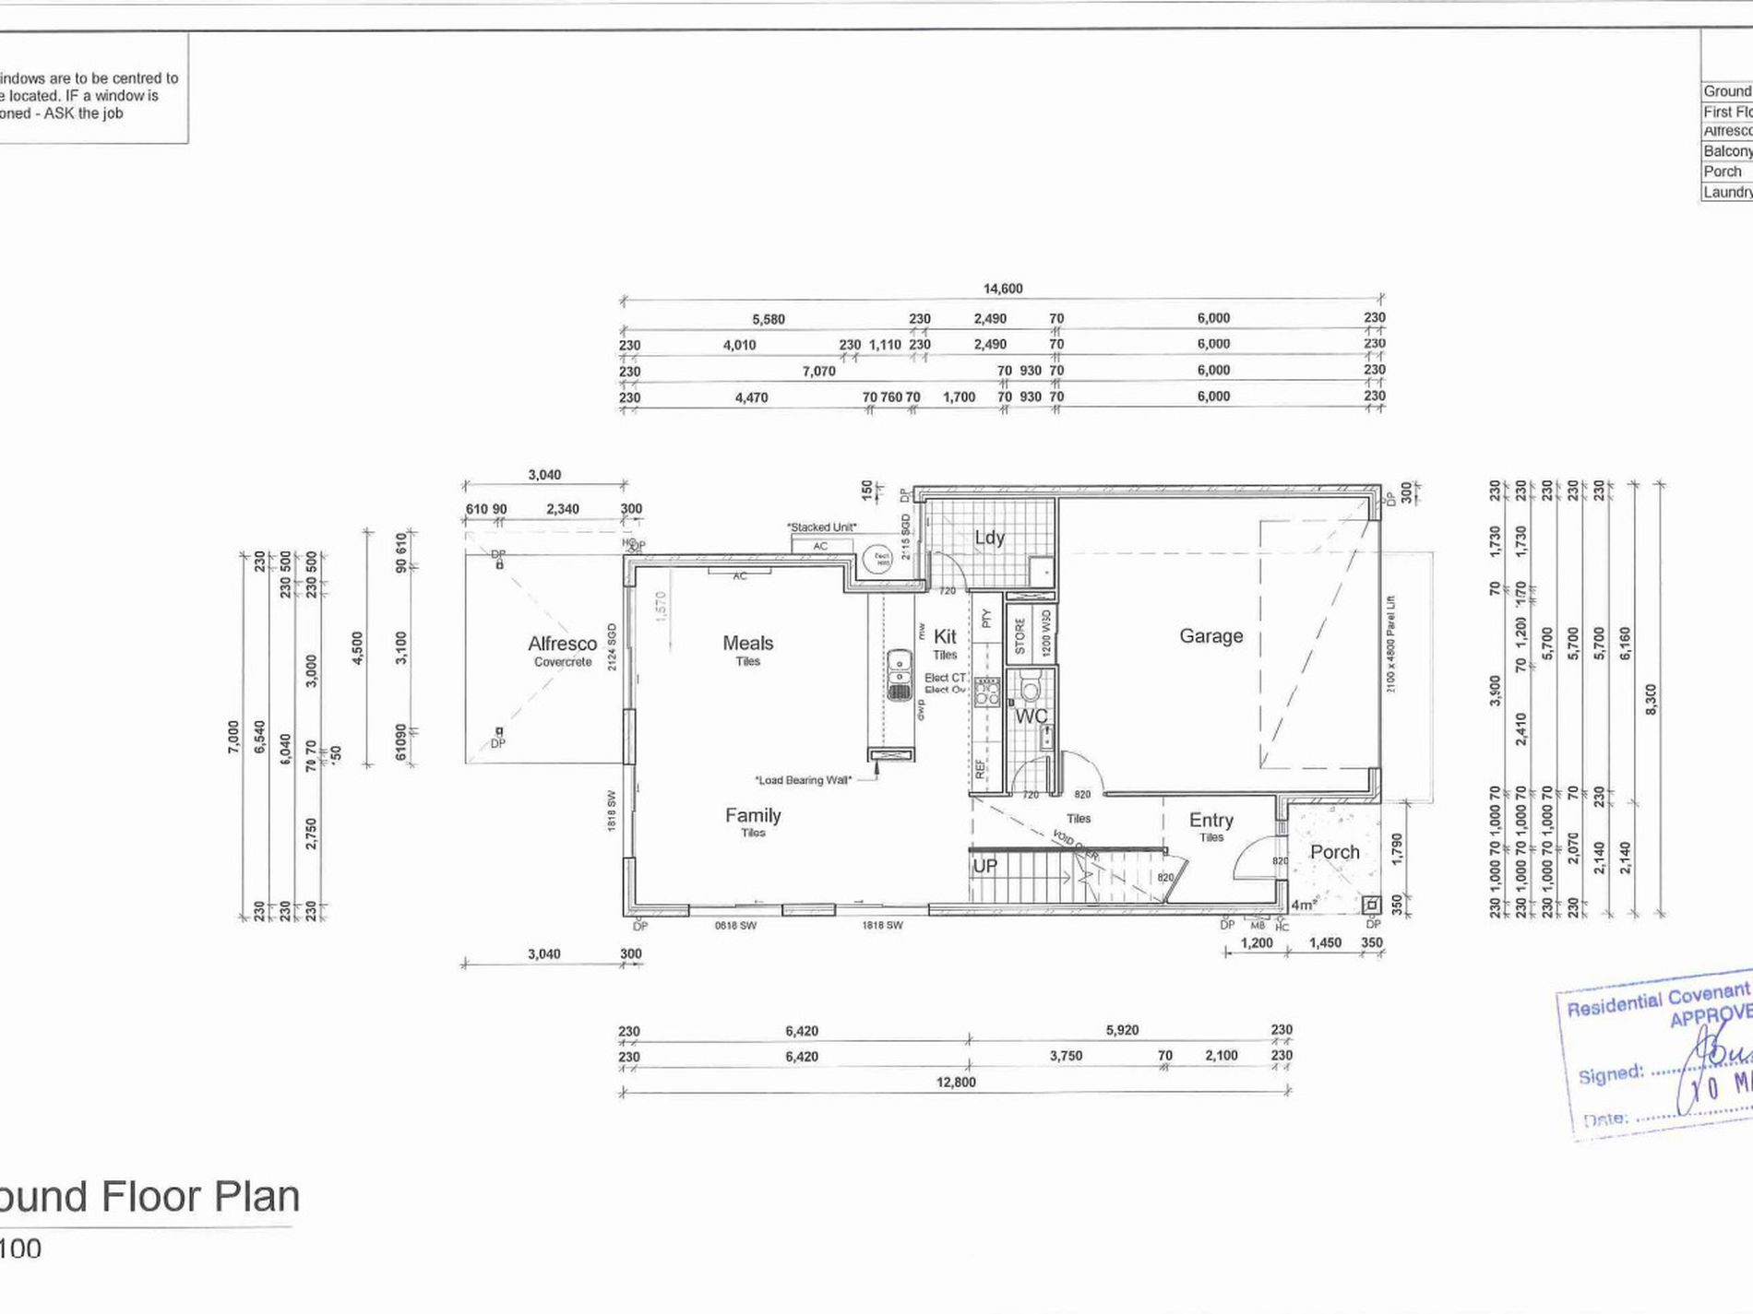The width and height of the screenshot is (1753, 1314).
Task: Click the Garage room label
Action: [x=1210, y=635]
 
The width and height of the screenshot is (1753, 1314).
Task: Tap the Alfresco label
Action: [x=562, y=644]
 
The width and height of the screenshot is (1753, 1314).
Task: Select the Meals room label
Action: [x=747, y=643]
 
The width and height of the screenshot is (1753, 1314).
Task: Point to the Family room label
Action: [x=753, y=815]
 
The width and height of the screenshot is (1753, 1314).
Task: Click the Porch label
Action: [x=1334, y=852]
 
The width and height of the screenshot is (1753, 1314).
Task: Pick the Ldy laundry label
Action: [x=989, y=538]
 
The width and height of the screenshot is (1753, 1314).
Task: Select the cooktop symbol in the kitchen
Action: [x=986, y=692]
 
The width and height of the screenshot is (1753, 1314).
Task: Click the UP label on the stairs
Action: [x=984, y=867]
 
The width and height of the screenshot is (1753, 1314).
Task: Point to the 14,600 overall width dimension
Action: [x=1002, y=289]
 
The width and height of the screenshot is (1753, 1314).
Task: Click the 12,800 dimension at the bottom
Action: [x=955, y=1082]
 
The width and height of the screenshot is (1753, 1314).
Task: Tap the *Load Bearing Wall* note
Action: [x=803, y=780]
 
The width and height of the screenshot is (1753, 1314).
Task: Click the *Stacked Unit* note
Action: [x=821, y=527]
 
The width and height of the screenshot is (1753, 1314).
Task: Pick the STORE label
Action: [x=1020, y=635]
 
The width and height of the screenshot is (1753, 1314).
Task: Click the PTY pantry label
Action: [x=985, y=618]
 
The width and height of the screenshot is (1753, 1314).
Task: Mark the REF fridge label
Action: [x=979, y=767]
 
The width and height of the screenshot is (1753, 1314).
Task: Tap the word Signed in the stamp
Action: [x=1610, y=1075]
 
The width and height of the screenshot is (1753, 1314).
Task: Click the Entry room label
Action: [x=1210, y=820]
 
